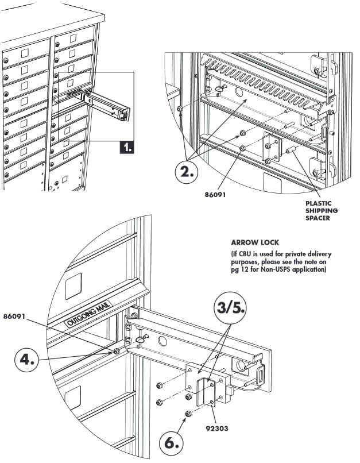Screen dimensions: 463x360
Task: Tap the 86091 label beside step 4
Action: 16,317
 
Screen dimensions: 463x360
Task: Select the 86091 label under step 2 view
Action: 216,194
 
